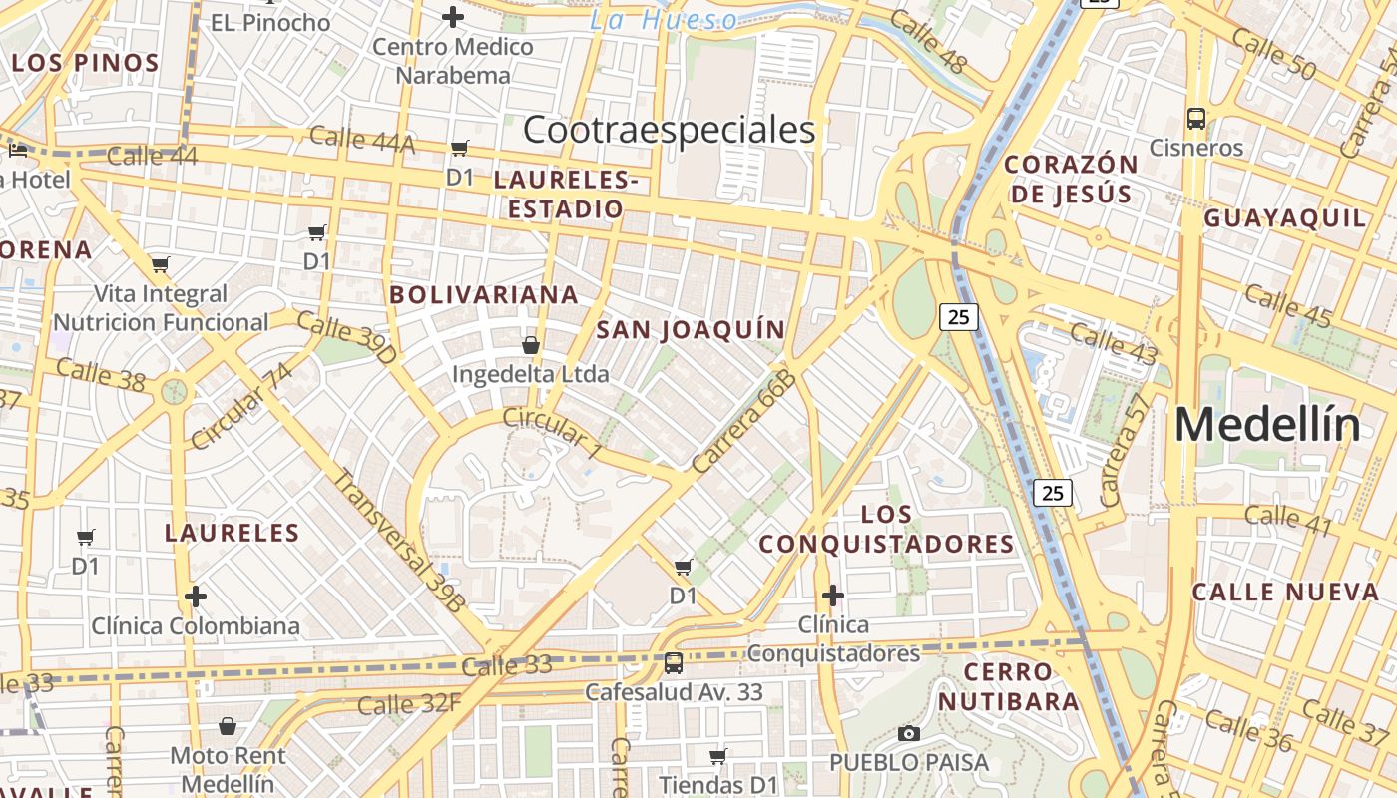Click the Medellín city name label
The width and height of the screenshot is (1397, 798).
click(1267, 426)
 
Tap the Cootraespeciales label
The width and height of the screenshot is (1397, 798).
click(669, 130)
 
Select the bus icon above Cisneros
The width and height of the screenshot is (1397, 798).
click(1196, 119)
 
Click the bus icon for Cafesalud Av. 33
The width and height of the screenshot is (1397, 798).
click(674, 662)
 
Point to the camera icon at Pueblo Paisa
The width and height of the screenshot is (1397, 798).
click(908, 734)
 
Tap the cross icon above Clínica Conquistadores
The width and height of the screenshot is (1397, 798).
click(833, 597)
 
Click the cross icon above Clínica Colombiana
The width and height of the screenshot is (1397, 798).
click(196, 598)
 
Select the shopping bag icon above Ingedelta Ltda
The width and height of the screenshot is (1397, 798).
click(530, 345)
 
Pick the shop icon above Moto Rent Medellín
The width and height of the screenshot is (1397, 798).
click(228, 726)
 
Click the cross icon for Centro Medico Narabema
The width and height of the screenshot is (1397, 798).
click(453, 17)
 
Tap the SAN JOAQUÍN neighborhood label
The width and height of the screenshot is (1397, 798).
click(691, 330)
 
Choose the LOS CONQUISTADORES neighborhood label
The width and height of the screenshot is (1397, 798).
click(886, 530)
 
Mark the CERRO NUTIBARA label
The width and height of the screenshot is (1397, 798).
click(1008, 686)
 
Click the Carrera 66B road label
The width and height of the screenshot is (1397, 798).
click(743, 420)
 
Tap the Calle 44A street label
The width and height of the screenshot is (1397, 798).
click(361, 139)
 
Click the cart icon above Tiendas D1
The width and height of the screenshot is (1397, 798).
click(717, 756)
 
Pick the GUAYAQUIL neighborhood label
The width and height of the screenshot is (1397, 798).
click(1284, 218)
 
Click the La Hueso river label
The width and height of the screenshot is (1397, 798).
click(664, 20)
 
